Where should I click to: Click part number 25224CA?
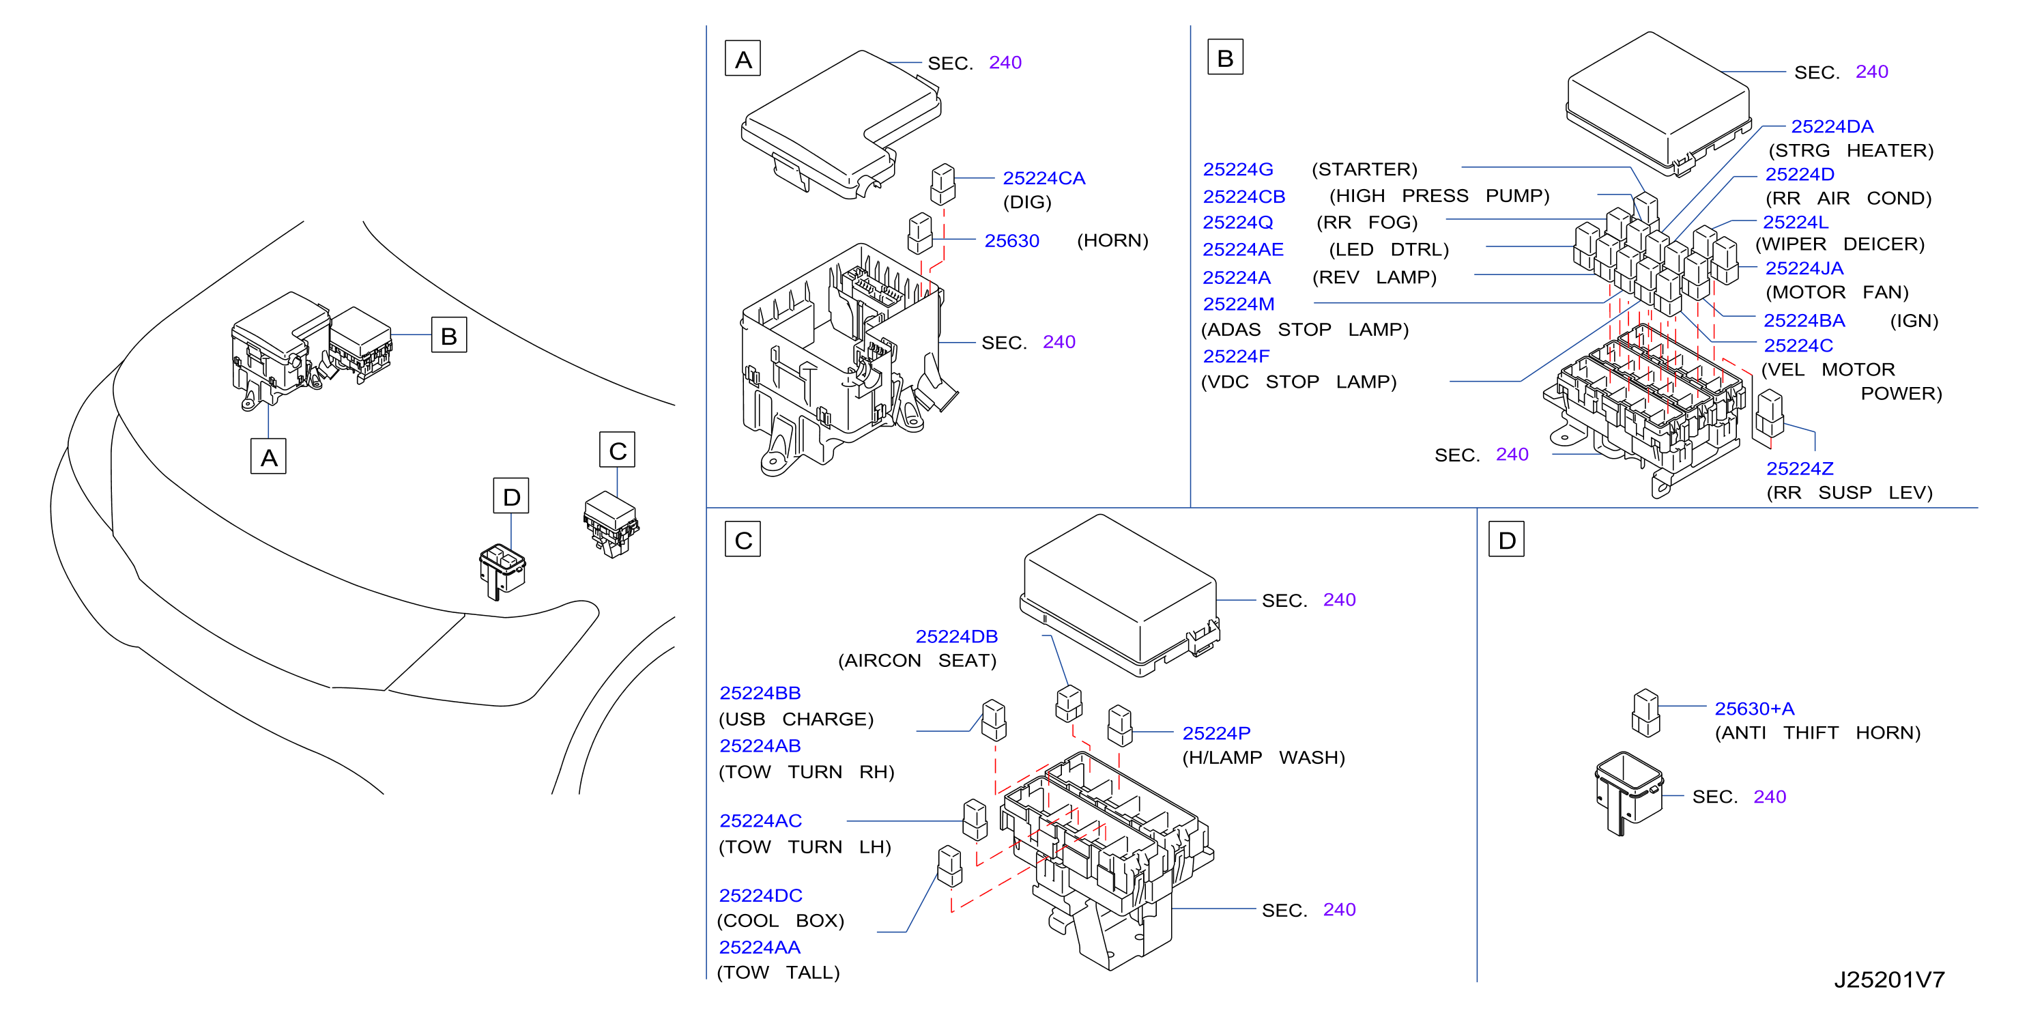tap(1043, 178)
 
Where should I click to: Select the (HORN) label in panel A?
tap(1112, 240)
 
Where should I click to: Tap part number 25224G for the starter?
tap(1237, 169)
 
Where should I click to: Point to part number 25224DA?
tap(1831, 127)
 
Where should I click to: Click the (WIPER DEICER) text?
tap(1839, 244)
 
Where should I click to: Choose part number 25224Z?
tap(1799, 469)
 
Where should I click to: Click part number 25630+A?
tap(1754, 709)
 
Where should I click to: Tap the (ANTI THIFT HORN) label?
tap(1817, 733)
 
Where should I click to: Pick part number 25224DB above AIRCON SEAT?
tap(956, 636)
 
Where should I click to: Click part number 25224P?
tap(1216, 733)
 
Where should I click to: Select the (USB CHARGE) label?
tap(796, 719)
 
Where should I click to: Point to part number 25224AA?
tap(760, 947)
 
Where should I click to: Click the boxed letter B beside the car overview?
tap(449, 336)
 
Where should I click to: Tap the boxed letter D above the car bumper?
tap(511, 496)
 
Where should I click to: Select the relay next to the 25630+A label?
tap(1645, 713)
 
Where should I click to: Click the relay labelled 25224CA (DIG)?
tap(942, 184)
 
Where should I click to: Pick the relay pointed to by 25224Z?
tap(1769, 414)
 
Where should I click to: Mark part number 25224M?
tap(1238, 304)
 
